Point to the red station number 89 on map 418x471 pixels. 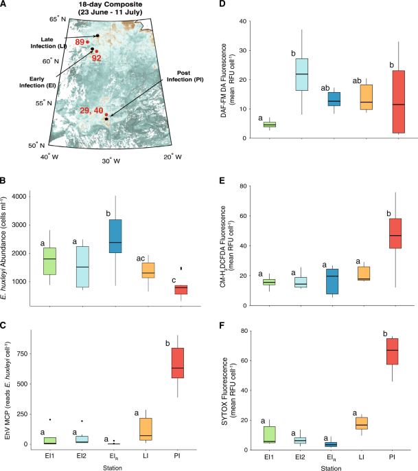pyautogui.click(x=81, y=43)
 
